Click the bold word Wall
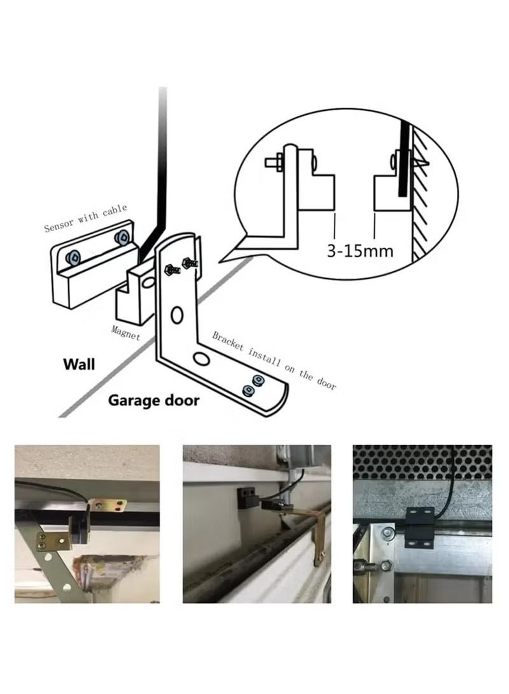point(79,364)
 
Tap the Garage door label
point(153,400)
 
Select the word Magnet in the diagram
point(125,333)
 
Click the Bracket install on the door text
point(274,361)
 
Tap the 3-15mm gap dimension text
point(360,251)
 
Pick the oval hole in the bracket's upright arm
point(177,315)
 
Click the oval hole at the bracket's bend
point(202,358)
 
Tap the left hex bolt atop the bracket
point(172,269)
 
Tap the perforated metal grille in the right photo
point(422,462)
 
